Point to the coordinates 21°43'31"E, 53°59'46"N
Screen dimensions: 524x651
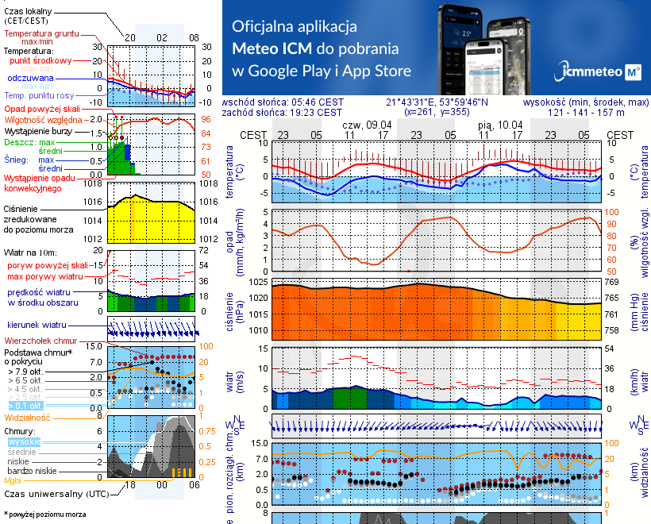click(x=437, y=102)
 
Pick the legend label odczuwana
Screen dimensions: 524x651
click(x=30, y=79)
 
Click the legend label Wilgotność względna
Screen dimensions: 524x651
click(x=44, y=119)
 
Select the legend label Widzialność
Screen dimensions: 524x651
click(x=28, y=416)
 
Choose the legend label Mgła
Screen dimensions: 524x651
click(x=13, y=480)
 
